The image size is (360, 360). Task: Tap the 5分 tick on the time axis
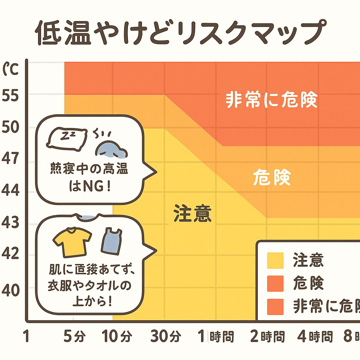(75, 337)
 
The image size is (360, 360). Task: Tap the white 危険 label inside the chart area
(272, 178)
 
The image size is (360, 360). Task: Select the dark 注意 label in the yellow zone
(193, 214)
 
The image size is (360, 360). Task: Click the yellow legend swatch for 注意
(275, 261)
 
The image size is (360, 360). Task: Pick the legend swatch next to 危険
(275, 284)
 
